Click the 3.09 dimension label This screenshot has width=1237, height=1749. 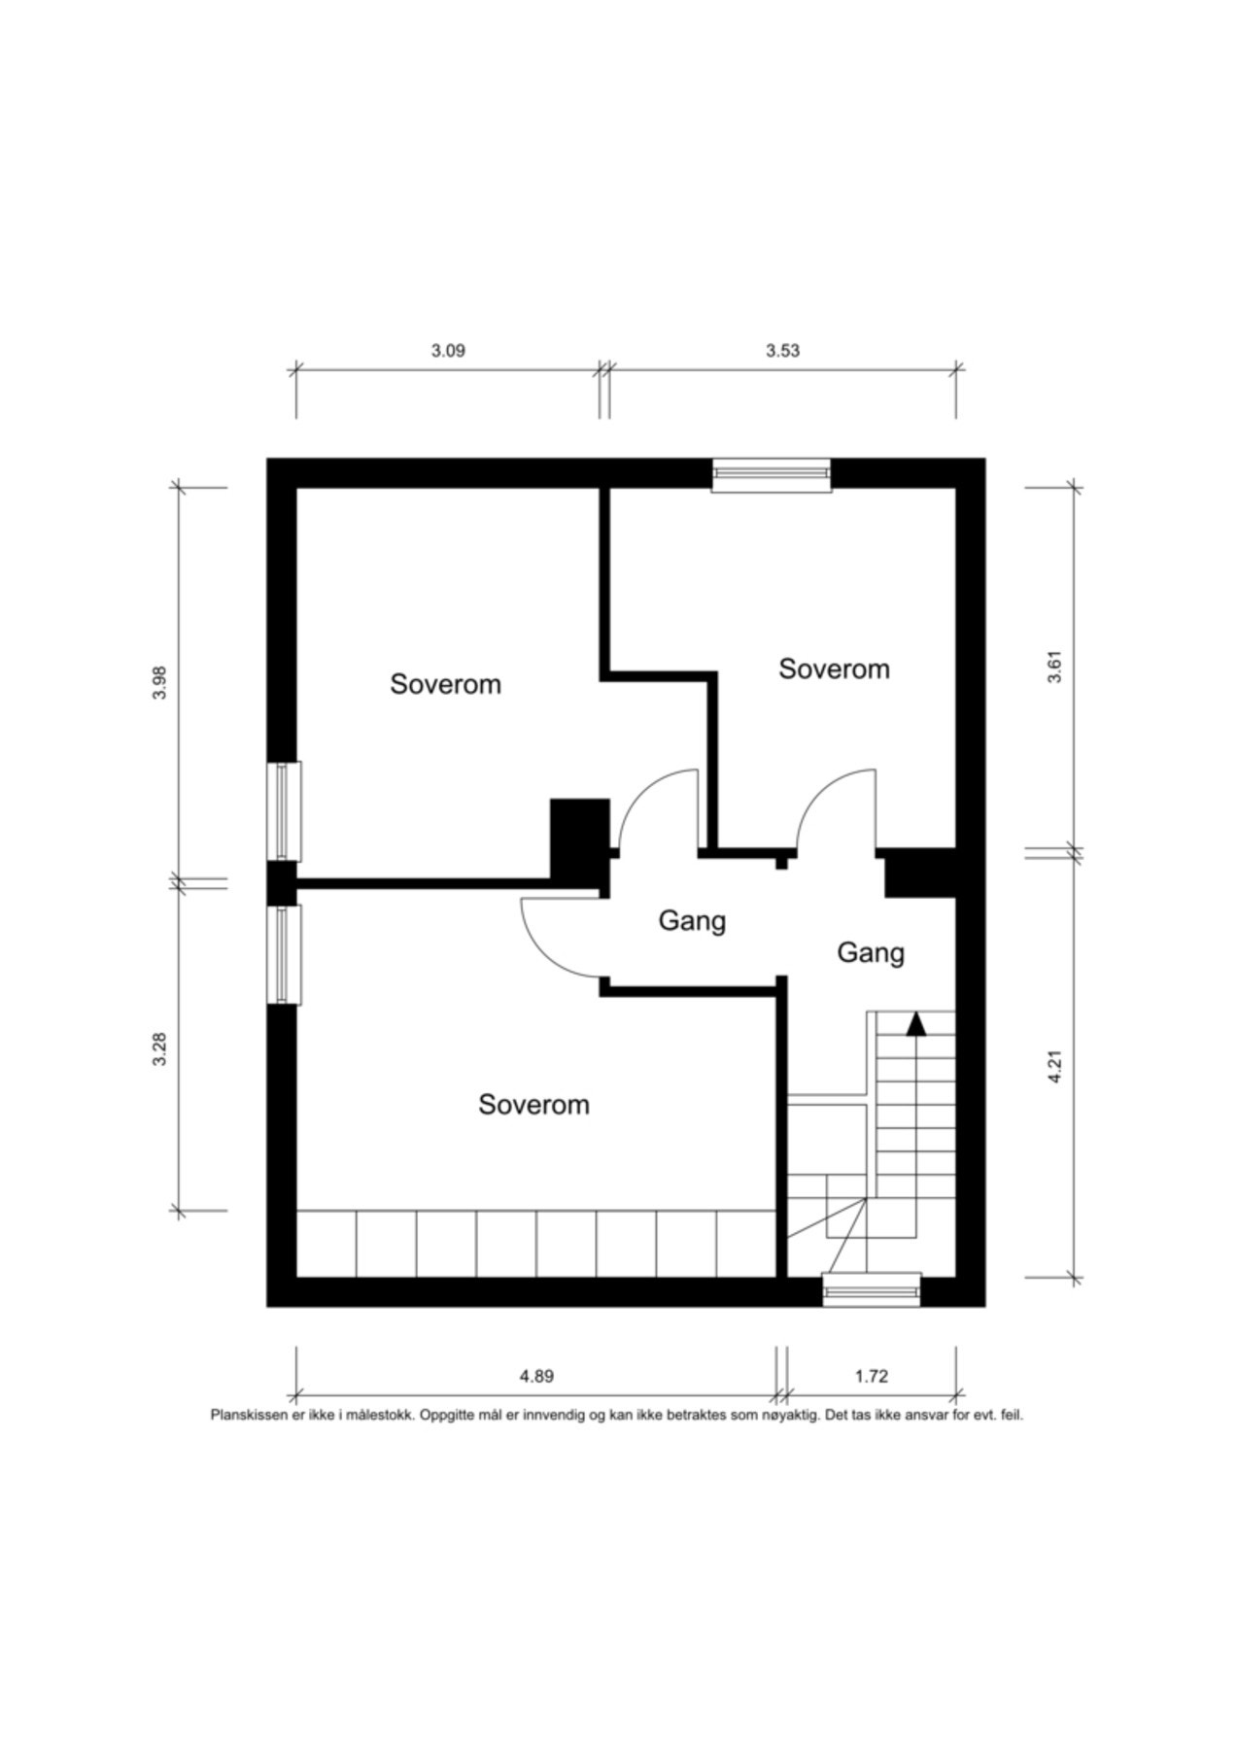tap(448, 351)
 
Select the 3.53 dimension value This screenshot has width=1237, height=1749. tap(782, 351)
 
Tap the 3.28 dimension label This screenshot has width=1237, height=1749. tap(161, 1048)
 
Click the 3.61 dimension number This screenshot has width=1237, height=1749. tap(1055, 666)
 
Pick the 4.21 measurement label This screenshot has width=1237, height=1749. tap(1055, 1066)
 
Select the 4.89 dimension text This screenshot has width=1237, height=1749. tap(536, 1376)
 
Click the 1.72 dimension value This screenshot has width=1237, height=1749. tap(872, 1376)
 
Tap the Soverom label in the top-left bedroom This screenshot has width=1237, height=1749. tap(446, 684)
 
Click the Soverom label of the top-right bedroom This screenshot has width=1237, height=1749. tap(835, 669)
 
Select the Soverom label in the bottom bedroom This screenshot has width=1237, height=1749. tap(534, 1105)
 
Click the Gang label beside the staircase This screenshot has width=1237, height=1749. tap(871, 953)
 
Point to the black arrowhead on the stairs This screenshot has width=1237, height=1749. tap(915, 1023)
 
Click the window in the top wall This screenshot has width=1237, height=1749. tap(772, 475)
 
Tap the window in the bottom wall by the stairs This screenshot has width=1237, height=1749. tap(872, 1289)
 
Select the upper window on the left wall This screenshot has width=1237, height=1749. tap(284, 811)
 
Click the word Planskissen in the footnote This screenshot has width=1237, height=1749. tap(250, 1416)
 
